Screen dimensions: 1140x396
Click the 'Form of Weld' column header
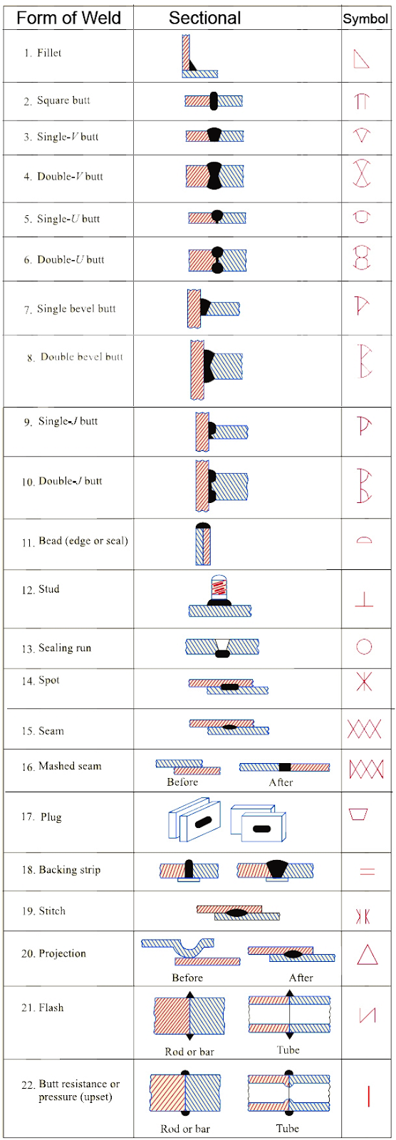pyautogui.click(x=68, y=18)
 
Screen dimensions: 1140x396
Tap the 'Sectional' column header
pyautogui.click(x=204, y=18)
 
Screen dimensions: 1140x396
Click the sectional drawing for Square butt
pyautogui.click(x=214, y=101)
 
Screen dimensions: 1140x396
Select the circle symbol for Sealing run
pyautogui.click(x=364, y=646)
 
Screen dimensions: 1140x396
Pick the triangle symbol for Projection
pyautogui.click(x=367, y=955)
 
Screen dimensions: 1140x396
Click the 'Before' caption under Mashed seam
pyautogui.click(x=182, y=782)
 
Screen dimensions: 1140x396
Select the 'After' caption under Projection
pyautogui.click(x=301, y=978)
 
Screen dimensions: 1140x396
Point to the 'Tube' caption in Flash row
pyautogui.click(x=288, y=1050)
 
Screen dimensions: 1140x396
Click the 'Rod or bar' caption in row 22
pyautogui.click(x=185, y=1129)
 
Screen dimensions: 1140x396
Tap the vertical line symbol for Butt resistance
pyautogui.click(x=368, y=1095)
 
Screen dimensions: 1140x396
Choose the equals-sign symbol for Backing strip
pyautogui.click(x=367, y=871)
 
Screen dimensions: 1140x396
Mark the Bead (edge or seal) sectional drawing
pyautogui.click(x=203, y=544)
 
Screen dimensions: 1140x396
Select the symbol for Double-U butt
pyautogui.click(x=363, y=258)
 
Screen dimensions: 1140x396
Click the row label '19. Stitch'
pyautogui.click(x=43, y=911)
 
